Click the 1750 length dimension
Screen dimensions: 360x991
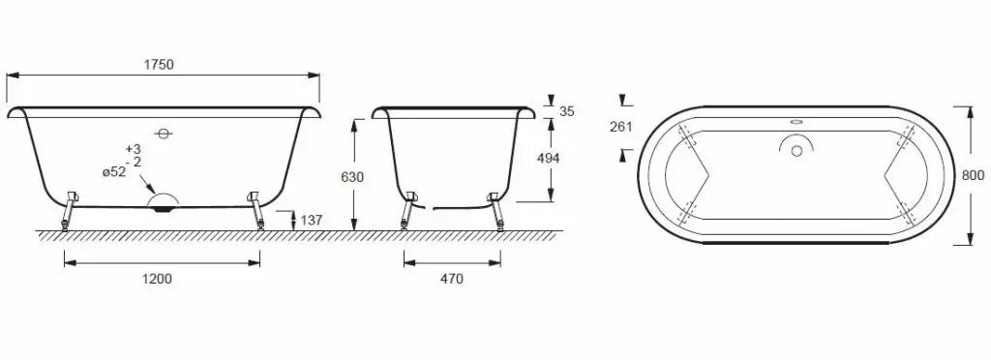[161, 65]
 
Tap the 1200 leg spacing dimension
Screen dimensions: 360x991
[158, 280]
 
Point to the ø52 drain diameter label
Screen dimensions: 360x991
[115, 171]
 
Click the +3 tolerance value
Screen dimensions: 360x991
[134, 148]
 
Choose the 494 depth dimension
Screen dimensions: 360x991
[548, 159]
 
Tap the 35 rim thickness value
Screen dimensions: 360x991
[567, 111]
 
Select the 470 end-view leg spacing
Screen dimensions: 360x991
[451, 280]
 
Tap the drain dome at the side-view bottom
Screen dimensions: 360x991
[163, 201]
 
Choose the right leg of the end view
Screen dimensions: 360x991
[495, 213]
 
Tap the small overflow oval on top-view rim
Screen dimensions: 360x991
[797, 123]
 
